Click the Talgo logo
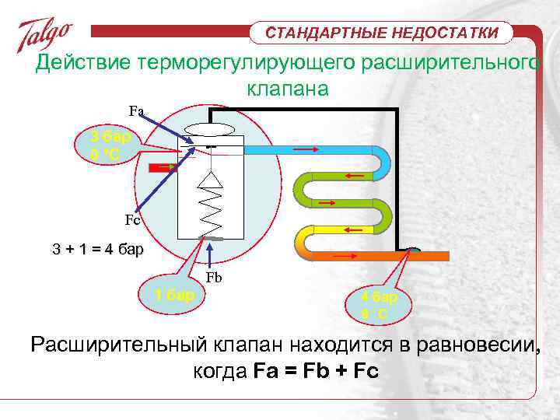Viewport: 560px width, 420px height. [44, 34]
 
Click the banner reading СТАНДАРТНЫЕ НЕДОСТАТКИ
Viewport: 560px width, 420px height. [381, 33]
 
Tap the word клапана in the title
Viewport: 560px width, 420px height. [288, 89]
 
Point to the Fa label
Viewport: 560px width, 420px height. [136, 110]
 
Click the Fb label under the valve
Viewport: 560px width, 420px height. [214, 278]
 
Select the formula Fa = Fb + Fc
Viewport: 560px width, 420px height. [316, 371]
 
